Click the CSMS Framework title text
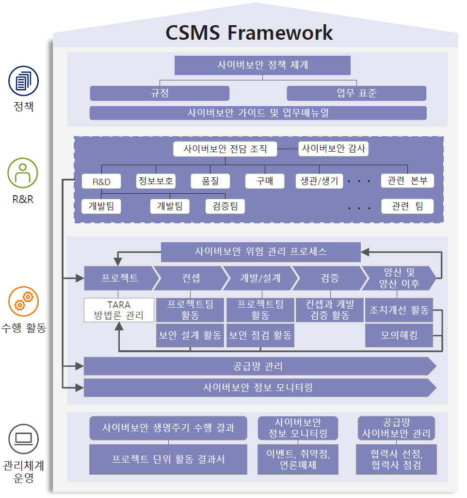(249, 33)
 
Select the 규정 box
(160, 93)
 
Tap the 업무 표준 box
(356, 93)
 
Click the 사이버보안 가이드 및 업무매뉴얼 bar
(258, 113)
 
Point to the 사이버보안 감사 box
(333, 149)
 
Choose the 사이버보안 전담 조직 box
(225, 149)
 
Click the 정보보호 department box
(156, 181)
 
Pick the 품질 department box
(210, 181)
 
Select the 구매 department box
(265, 181)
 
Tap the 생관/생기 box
(319, 181)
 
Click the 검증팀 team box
(225, 206)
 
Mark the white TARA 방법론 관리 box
(119, 310)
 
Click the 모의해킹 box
(399, 335)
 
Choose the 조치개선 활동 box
(399, 310)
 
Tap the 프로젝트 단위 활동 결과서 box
(168, 459)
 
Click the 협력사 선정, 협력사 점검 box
(396, 459)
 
